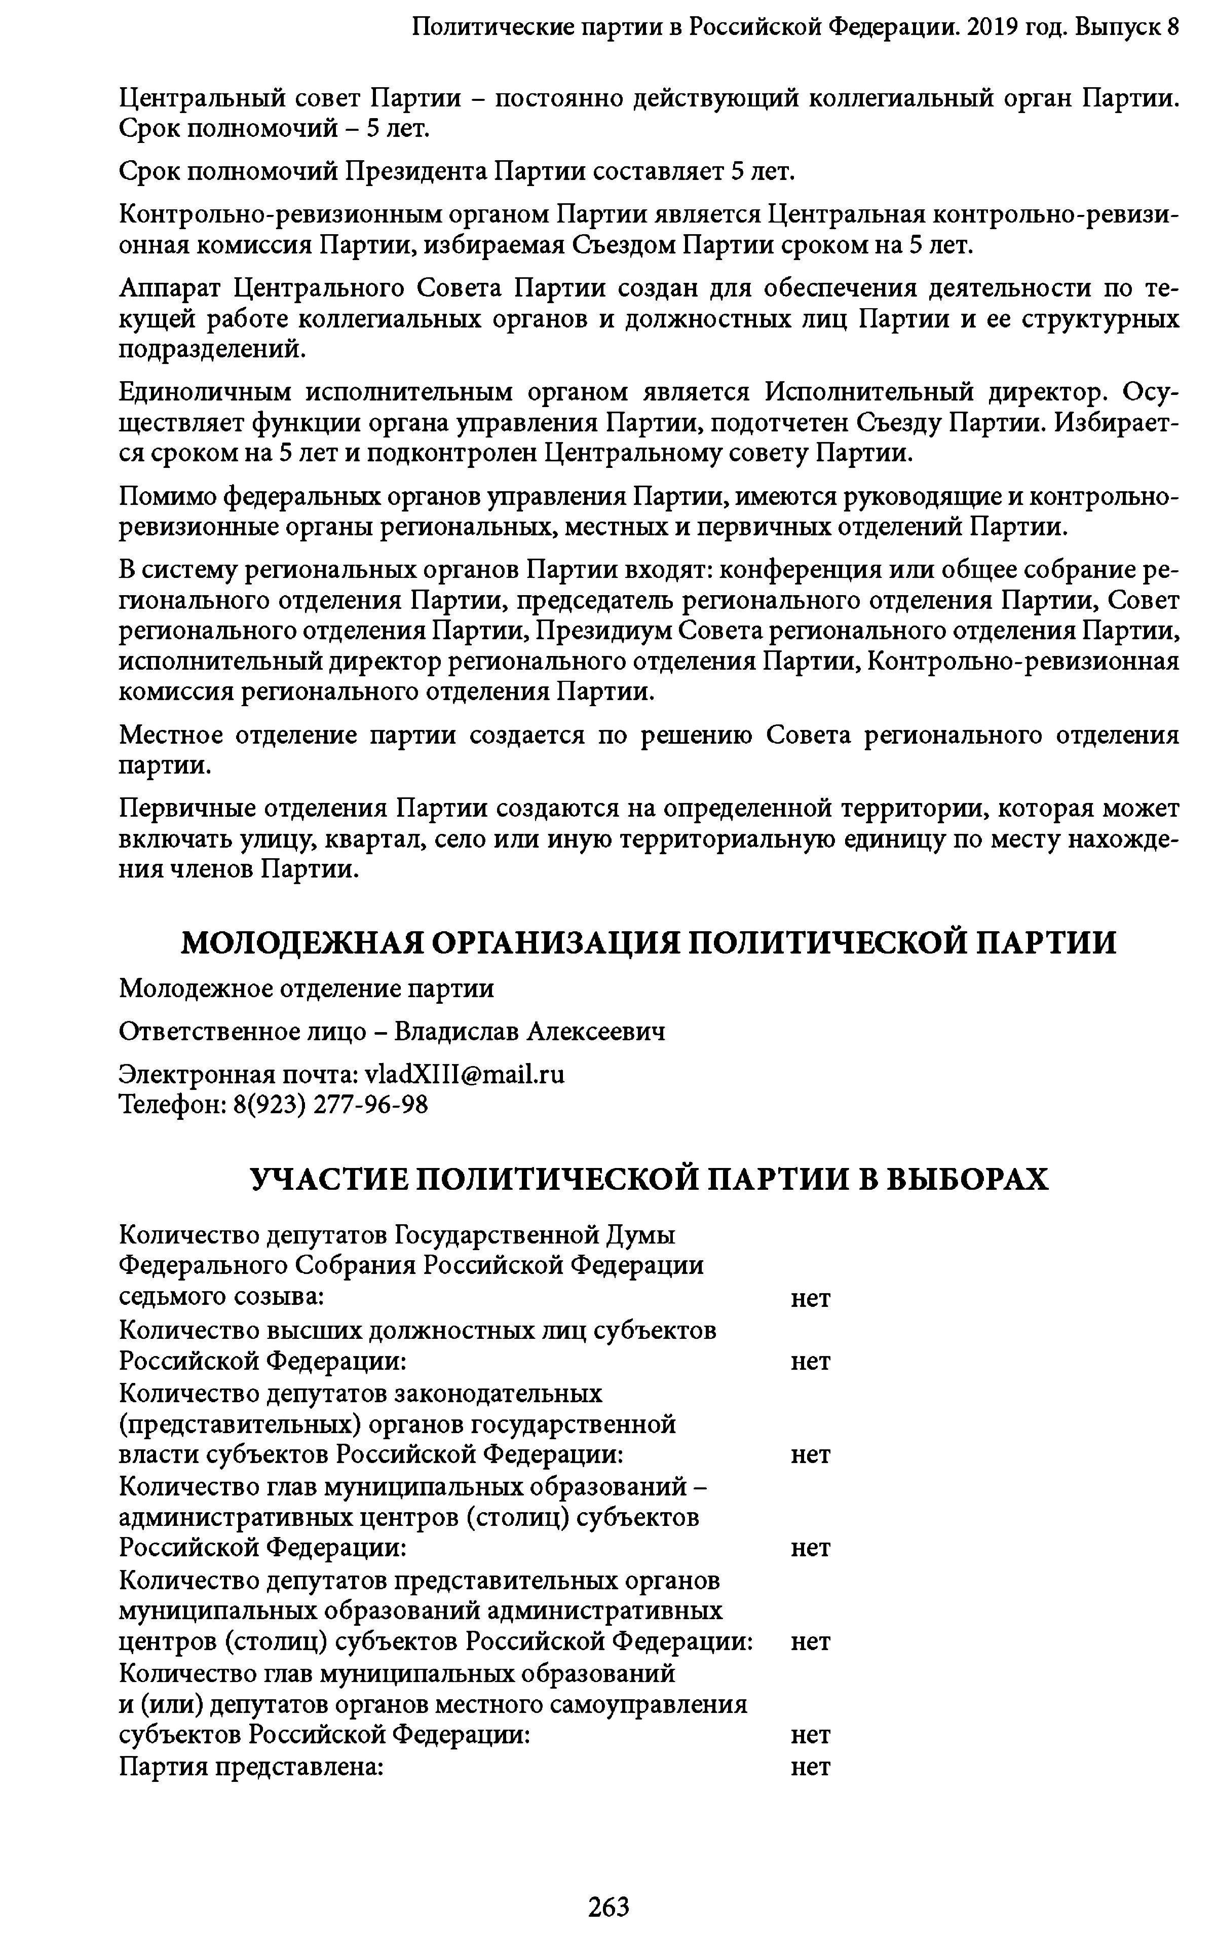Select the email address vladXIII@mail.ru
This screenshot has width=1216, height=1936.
[465, 1074]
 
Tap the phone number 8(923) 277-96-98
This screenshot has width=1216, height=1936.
[330, 1105]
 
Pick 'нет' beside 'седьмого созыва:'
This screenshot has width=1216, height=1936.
[810, 1298]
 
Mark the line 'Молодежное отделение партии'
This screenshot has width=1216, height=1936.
[306, 988]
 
